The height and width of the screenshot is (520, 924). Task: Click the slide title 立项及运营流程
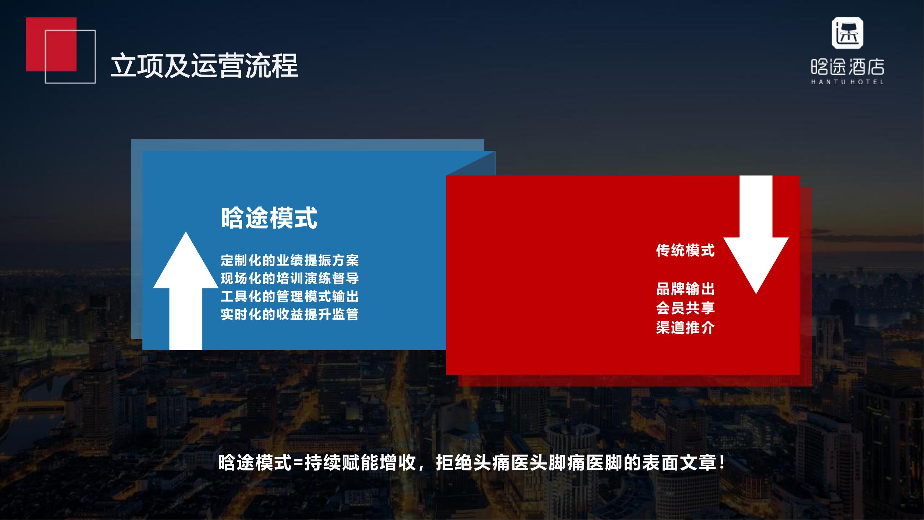click(204, 66)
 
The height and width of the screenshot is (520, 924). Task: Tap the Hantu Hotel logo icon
click(847, 33)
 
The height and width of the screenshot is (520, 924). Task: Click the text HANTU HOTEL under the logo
click(847, 82)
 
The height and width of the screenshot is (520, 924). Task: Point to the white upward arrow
click(186, 291)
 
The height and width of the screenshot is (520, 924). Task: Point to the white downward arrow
click(756, 235)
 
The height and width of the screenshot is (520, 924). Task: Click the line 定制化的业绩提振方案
click(290, 261)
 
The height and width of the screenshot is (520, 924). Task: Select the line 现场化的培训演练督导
click(290, 278)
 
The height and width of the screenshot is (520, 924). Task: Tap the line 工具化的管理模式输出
click(290, 297)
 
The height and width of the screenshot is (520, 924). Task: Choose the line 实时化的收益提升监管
click(290, 315)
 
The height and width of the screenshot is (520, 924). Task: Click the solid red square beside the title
click(51, 44)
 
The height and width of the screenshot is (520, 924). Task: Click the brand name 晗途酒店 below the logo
click(847, 67)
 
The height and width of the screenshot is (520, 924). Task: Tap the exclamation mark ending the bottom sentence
click(722, 462)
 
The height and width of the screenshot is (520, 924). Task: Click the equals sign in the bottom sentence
click(298, 463)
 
